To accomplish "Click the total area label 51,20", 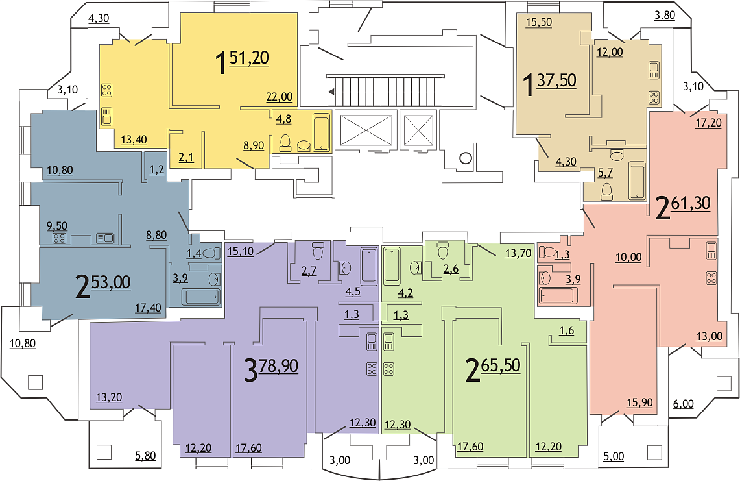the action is (x=249, y=58).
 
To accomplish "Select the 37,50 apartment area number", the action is (x=556, y=80).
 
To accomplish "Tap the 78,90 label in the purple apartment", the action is (x=278, y=365).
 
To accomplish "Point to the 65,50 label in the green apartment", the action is (x=501, y=365).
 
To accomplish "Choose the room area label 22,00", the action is (x=280, y=97).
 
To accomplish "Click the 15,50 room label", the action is (x=539, y=22).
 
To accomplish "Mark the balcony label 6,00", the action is (x=683, y=404).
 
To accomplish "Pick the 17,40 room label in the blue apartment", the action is (x=148, y=308).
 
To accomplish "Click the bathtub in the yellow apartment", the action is (x=322, y=132).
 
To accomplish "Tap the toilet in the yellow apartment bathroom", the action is (x=285, y=143).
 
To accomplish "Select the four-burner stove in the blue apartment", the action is (x=59, y=239).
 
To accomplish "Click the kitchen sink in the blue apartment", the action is (x=105, y=238).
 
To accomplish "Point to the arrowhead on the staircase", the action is (x=332, y=92).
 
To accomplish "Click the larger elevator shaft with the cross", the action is (x=366, y=129).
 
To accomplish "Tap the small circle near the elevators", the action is (x=466, y=158).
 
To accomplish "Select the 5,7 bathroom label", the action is (x=605, y=173).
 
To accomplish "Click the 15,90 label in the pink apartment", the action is (x=640, y=402).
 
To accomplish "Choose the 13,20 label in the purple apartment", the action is (x=109, y=397).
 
